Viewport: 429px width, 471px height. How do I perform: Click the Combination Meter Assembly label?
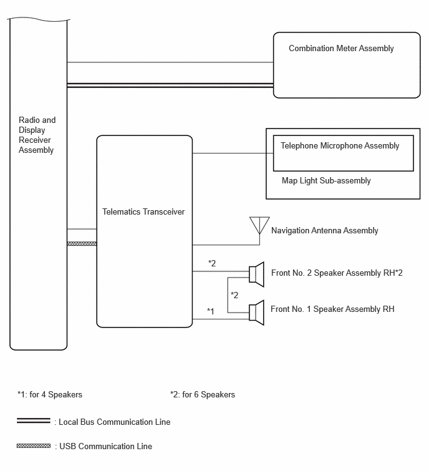click(341, 49)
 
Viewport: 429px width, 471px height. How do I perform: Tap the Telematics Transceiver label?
click(143, 211)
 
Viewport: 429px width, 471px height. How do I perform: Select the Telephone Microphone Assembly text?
click(340, 146)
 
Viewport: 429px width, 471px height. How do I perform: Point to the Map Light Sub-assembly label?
click(326, 180)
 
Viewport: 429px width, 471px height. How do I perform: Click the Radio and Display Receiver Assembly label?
click(37, 135)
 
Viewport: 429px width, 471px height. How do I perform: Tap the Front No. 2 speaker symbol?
click(257, 274)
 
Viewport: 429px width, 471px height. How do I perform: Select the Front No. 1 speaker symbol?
click(257, 313)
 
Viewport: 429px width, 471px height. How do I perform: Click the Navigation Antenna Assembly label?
click(324, 231)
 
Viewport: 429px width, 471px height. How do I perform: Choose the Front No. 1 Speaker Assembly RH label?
click(332, 309)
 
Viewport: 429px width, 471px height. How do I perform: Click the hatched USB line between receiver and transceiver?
click(82, 244)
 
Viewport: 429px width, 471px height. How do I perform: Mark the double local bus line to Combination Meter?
click(170, 85)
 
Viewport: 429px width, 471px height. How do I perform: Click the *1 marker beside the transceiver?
click(211, 311)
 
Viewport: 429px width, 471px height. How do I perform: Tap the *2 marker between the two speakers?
click(234, 295)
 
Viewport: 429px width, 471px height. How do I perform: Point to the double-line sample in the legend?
click(34, 421)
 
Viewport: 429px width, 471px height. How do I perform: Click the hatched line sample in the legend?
click(34, 446)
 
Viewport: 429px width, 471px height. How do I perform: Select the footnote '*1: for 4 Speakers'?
click(50, 395)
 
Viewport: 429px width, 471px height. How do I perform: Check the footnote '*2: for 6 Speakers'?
click(203, 395)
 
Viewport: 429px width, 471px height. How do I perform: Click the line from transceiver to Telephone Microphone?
click(233, 153)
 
